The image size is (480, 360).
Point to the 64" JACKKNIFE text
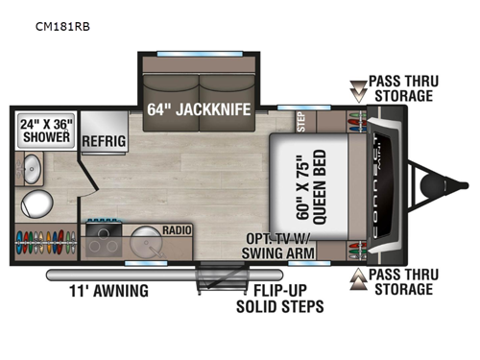click(x=199, y=108)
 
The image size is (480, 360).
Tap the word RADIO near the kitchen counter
click(x=176, y=230)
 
